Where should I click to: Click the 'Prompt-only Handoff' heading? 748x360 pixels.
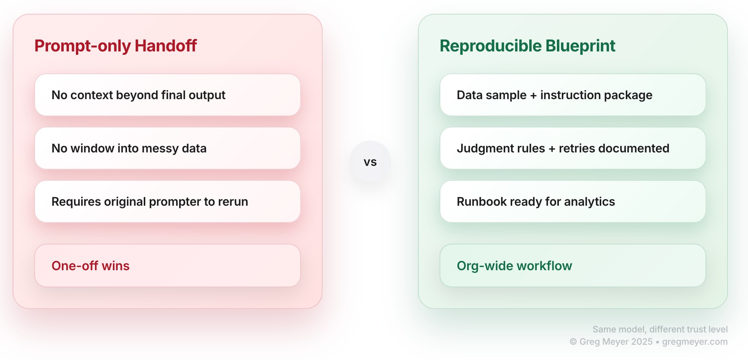pyautogui.click(x=115, y=46)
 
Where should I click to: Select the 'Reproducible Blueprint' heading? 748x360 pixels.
pyautogui.click(x=527, y=46)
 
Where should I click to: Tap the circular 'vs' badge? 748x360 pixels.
pyautogui.click(x=370, y=162)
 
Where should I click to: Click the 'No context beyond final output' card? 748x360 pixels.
pyautogui.click(x=168, y=95)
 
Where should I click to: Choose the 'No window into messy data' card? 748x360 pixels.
pyautogui.click(x=168, y=148)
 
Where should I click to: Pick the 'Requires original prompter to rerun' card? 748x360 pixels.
pyautogui.click(x=168, y=202)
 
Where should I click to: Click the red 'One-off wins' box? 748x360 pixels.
pyautogui.click(x=168, y=266)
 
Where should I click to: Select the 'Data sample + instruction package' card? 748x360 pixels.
pyautogui.click(x=573, y=95)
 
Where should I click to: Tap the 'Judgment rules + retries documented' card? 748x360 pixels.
pyautogui.click(x=573, y=148)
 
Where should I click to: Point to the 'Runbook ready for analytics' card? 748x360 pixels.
pyautogui.click(x=573, y=202)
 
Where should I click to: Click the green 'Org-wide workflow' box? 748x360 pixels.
pyautogui.click(x=573, y=266)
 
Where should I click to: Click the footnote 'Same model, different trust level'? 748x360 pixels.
pyautogui.click(x=660, y=329)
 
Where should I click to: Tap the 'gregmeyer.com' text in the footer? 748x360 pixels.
pyautogui.click(x=695, y=342)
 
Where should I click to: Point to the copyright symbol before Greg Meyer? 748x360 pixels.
pyautogui.click(x=573, y=342)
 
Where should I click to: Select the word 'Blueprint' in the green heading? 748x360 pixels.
pyautogui.click(x=580, y=46)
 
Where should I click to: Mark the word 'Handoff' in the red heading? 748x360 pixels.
pyautogui.click(x=166, y=46)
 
